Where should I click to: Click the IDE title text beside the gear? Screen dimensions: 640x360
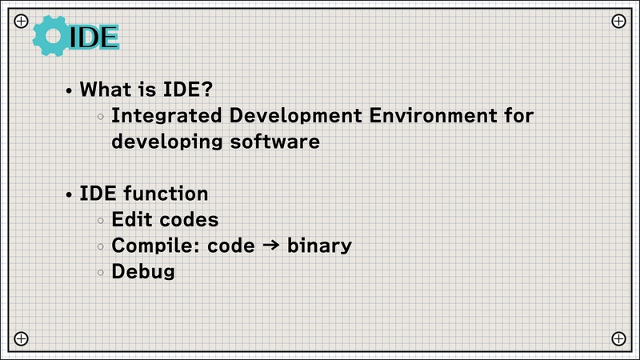tap(94, 37)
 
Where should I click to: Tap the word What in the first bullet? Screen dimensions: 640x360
tap(104, 89)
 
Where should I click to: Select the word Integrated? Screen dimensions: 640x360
tap(166, 116)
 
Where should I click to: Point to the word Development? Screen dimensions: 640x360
tap(295, 115)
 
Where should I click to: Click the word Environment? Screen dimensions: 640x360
tap(433, 115)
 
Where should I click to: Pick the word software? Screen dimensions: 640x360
tap(274, 142)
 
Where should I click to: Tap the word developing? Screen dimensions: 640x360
tap(167, 142)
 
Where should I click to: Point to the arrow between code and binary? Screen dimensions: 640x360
tap(271, 245)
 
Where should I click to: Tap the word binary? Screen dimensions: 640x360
tap(319, 246)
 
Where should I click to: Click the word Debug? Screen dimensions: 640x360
tap(143, 272)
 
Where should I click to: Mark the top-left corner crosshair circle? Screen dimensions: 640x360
tap(22, 21)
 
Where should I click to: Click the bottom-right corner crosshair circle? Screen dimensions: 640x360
tap(618, 338)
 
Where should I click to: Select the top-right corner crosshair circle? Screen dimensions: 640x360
tap(618, 21)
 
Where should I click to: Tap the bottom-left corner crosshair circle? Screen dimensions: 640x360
tap(22, 338)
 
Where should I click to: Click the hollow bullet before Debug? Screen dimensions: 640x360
tap(101, 273)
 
